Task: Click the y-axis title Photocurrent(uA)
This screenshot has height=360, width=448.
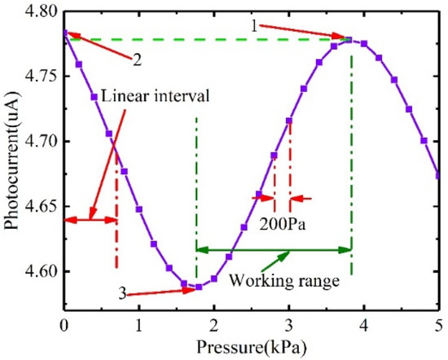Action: (x=12, y=159)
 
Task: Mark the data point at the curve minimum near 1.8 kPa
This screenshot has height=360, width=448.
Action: (x=199, y=287)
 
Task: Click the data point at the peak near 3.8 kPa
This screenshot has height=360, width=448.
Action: (x=349, y=40)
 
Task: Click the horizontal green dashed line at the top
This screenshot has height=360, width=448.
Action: (x=204, y=39)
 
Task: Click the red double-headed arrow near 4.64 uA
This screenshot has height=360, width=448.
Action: (x=90, y=218)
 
